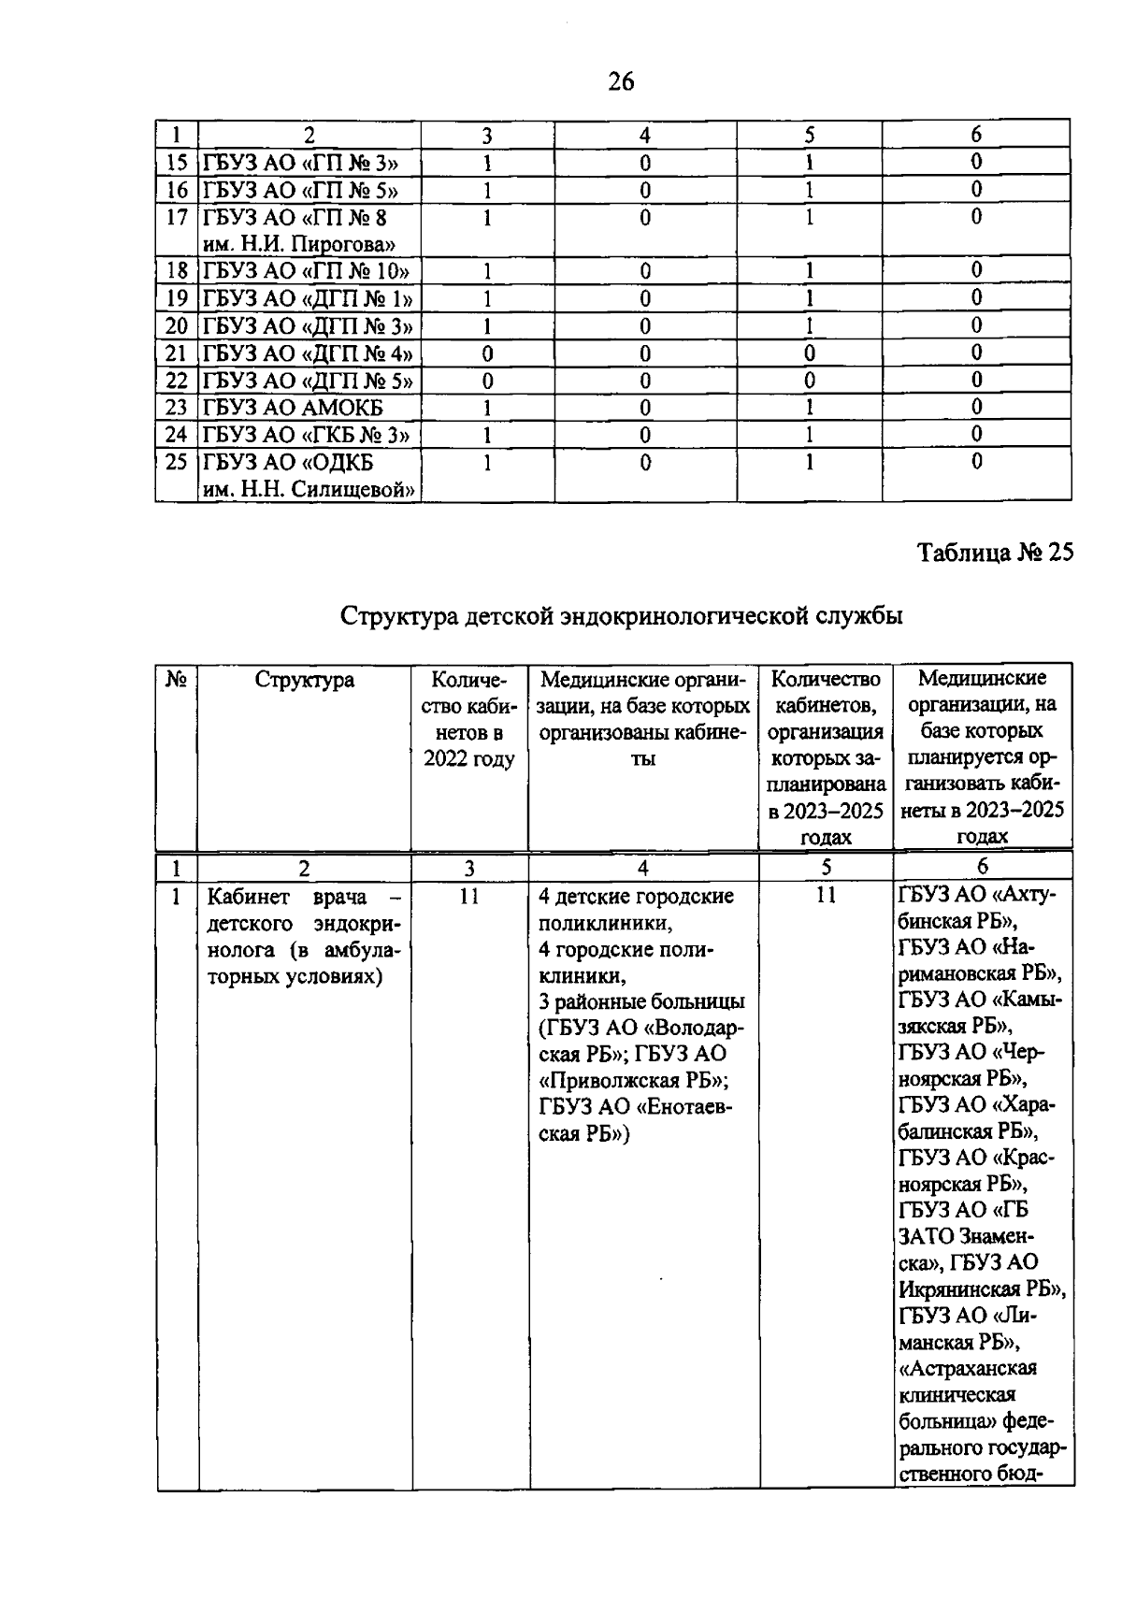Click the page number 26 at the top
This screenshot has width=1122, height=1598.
621,82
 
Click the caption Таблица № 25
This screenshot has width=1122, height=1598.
995,553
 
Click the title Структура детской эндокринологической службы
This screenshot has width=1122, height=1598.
621,616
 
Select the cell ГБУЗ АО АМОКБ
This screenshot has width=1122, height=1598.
293,408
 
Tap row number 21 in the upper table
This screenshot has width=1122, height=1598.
177,353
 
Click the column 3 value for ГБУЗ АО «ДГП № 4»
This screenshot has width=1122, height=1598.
487,353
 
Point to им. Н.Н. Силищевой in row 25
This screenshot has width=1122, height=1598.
309,489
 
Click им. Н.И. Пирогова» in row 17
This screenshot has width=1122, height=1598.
298,245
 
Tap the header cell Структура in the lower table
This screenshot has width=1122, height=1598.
304,680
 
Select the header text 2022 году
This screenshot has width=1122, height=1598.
469,758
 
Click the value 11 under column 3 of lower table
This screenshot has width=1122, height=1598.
469,896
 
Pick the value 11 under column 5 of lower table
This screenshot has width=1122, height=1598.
826,896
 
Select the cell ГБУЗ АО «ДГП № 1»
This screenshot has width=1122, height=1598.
308,299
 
